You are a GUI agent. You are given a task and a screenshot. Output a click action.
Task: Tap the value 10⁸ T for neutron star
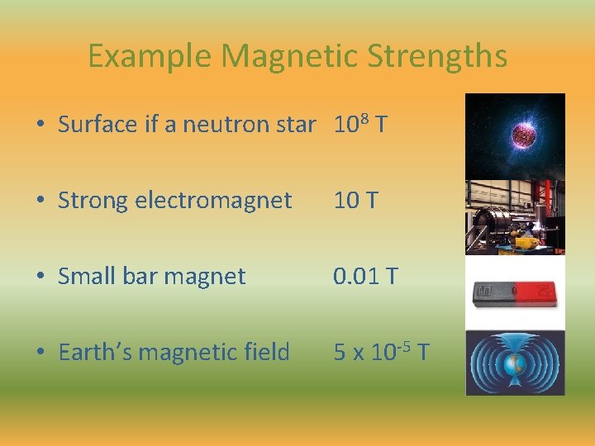(360, 124)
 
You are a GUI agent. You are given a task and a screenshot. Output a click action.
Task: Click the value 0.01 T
(364, 276)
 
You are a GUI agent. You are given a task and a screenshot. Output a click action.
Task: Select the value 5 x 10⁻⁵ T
(380, 352)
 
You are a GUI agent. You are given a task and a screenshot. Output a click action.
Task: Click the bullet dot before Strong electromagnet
(40, 201)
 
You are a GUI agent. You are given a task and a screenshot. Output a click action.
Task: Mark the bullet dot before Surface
(40, 125)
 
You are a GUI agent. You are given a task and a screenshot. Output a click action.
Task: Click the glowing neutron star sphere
(523, 134)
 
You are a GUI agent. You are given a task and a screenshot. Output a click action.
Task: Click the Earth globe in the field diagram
(514, 363)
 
